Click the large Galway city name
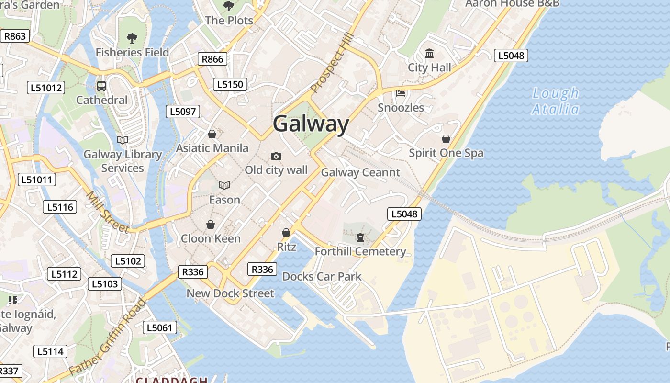pyautogui.click(x=311, y=124)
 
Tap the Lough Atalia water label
pyautogui.click(x=556, y=101)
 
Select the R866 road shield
pyautogui.click(x=212, y=59)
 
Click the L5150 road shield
pyautogui.click(x=230, y=84)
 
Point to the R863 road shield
pyautogui.click(x=15, y=36)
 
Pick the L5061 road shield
pyautogui.click(x=160, y=328)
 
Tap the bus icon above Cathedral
pyautogui.click(x=101, y=86)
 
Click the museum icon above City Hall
pyautogui.click(x=429, y=54)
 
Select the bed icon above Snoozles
pyautogui.click(x=401, y=93)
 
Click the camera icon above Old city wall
pyautogui.click(x=276, y=156)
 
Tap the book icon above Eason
pyautogui.click(x=224, y=185)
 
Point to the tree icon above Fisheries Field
pyautogui.click(x=132, y=38)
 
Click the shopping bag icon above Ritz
pyautogui.click(x=286, y=233)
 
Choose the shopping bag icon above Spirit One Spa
pyautogui.click(x=446, y=139)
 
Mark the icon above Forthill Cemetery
pyautogui.click(x=360, y=237)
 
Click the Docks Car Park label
pyautogui.click(x=322, y=277)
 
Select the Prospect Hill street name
pyautogui.click(x=332, y=64)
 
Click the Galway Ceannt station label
pyautogui.click(x=360, y=172)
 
